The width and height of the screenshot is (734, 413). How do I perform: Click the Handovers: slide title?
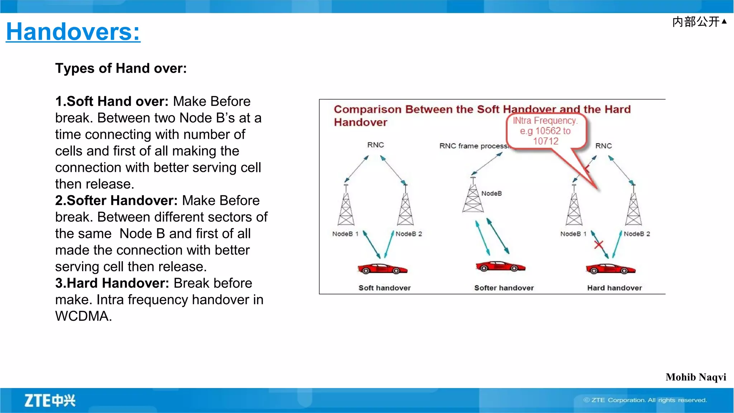tap(73, 31)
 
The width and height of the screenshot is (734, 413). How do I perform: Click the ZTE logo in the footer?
tap(50, 400)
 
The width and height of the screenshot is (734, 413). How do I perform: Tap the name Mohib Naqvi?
tap(696, 377)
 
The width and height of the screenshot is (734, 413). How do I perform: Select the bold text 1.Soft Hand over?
tap(111, 101)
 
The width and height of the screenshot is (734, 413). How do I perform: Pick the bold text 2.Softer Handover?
tap(116, 200)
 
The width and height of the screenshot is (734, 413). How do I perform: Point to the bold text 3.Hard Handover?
tap(112, 283)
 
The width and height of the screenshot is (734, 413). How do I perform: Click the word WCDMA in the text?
tap(83, 316)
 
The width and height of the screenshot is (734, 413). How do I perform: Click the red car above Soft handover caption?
tap(382, 269)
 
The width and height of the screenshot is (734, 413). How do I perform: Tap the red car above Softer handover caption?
tap(500, 267)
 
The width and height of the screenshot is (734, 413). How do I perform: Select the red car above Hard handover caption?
tap(610, 269)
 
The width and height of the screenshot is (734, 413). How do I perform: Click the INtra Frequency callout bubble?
tap(545, 131)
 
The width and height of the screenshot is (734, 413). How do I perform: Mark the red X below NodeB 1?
tap(599, 245)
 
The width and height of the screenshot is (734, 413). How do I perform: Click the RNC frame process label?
tap(473, 146)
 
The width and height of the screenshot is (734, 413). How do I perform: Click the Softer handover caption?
tap(504, 288)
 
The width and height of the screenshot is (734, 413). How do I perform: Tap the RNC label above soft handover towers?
tap(375, 145)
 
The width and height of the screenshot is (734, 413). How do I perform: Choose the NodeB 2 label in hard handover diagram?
tap(637, 234)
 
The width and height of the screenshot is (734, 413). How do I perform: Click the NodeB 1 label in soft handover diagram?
tap(345, 234)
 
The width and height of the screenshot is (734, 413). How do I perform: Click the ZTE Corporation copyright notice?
tap(645, 400)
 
